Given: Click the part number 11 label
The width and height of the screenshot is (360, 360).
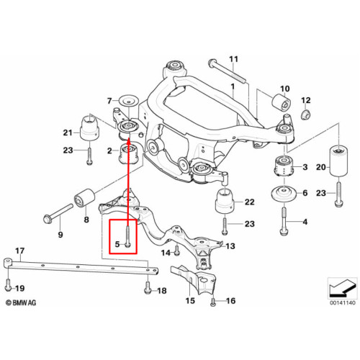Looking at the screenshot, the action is coord(233,59).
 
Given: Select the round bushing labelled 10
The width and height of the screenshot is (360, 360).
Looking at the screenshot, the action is coord(282,102).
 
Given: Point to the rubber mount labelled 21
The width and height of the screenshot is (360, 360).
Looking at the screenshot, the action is coord(89,128).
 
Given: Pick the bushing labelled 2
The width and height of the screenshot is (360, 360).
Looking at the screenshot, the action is coord(128,153).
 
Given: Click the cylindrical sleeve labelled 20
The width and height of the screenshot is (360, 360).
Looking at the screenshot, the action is coord(338,162).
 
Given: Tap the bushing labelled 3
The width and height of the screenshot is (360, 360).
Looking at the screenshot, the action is coord(284,166).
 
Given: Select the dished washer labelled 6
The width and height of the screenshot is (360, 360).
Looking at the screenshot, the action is coord(284,194).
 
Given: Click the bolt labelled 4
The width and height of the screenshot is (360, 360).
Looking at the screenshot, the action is coord(284,221).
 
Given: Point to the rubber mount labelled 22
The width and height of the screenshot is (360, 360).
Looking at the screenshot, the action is coord(225,201).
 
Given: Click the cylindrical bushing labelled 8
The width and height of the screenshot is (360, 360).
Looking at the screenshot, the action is coord(84,198).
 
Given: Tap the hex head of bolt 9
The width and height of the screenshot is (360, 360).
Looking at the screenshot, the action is coord(47,219).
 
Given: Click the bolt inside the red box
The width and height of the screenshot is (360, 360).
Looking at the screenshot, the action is coord(127,237).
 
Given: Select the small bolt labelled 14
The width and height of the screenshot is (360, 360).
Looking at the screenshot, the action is coord(177,250).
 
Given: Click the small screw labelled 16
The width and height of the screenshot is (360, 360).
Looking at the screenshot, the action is coord(213,302).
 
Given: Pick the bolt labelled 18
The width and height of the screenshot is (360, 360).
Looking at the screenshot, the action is coord(148,287).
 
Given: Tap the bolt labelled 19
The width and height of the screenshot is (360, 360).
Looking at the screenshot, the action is coord(8,285).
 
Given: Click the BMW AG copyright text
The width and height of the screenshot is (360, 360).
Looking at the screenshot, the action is coord(21,303).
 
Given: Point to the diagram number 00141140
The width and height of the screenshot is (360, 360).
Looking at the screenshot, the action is coord(343,302).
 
